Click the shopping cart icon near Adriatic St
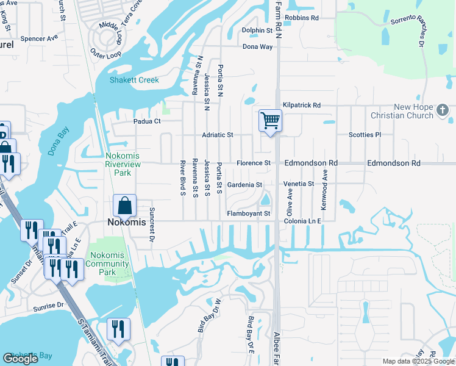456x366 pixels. (x=270, y=120)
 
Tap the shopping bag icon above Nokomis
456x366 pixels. (x=124, y=206)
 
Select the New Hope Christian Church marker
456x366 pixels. (x=443, y=111)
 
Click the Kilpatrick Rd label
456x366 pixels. (x=302, y=106)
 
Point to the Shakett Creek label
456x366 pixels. (x=134, y=80)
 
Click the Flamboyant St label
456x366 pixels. (x=249, y=213)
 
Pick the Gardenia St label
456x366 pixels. (x=244, y=184)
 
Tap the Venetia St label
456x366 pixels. (x=299, y=184)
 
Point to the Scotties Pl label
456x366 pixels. (x=365, y=135)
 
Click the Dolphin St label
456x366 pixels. (x=257, y=30)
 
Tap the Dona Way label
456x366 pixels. (x=257, y=46)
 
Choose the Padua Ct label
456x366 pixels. (x=147, y=121)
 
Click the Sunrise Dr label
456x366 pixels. (x=48, y=304)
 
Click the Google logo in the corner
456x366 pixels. (x=20, y=359)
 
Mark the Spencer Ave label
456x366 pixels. (x=39, y=38)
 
